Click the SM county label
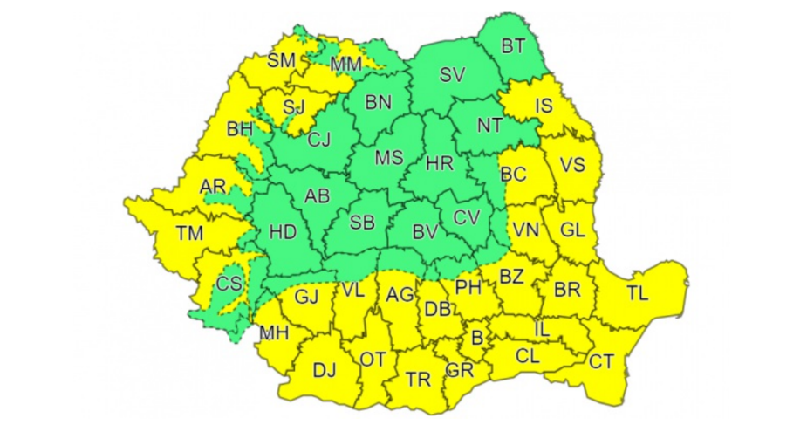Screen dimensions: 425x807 281,60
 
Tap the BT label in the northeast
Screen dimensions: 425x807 514,46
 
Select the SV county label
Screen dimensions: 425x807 451,76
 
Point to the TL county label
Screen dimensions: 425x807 638,293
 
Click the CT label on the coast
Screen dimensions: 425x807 601,360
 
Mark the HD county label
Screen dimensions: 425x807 283,233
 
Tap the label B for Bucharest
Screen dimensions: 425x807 477,338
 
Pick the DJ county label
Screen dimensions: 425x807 324,370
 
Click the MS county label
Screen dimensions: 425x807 388,158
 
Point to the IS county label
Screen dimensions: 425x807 544,106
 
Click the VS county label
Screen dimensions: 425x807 571,164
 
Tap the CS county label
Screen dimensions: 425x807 229,283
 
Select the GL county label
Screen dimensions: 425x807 571,231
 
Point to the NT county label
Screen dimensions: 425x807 490,126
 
